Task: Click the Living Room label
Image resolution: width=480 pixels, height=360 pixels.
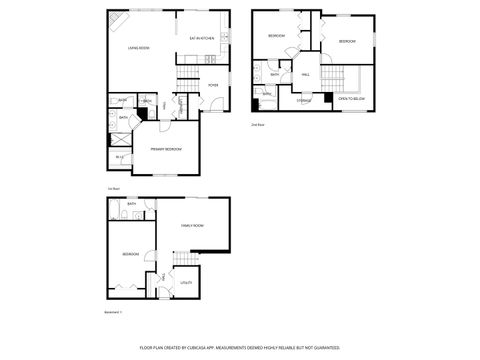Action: click(138, 48)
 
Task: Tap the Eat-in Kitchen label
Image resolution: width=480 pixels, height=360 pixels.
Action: click(202, 39)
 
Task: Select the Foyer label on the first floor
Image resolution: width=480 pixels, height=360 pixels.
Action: click(213, 85)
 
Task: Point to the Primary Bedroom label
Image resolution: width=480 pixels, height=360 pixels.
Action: click(165, 148)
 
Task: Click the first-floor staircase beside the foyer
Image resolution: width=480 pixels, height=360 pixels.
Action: click(189, 81)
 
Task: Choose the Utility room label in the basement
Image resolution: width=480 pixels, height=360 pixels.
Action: click(186, 283)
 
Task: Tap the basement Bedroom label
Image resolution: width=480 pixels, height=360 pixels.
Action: click(131, 254)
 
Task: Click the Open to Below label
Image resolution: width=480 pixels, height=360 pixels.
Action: click(350, 99)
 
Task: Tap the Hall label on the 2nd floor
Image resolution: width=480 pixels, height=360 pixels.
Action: click(305, 74)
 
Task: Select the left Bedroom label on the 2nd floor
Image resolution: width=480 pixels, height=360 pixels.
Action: click(276, 36)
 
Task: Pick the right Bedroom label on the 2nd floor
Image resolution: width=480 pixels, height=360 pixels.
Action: click(346, 41)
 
